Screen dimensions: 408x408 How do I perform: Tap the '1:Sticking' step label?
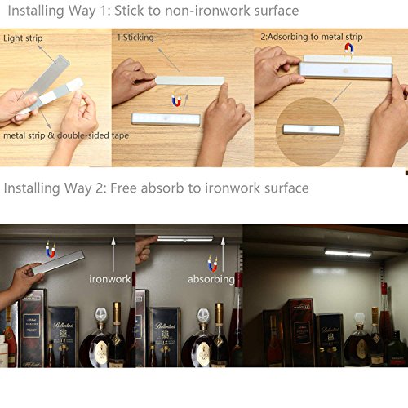pyautogui.click(x=135, y=38)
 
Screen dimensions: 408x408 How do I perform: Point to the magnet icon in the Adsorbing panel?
pyautogui.click(x=349, y=50)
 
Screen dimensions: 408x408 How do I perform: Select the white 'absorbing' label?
pyautogui.click(x=211, y=279)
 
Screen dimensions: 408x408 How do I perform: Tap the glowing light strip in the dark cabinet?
pyautogui.click(x=348, y=252)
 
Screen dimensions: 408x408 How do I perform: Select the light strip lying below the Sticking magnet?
pyautogui.click(x=166, y=118)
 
